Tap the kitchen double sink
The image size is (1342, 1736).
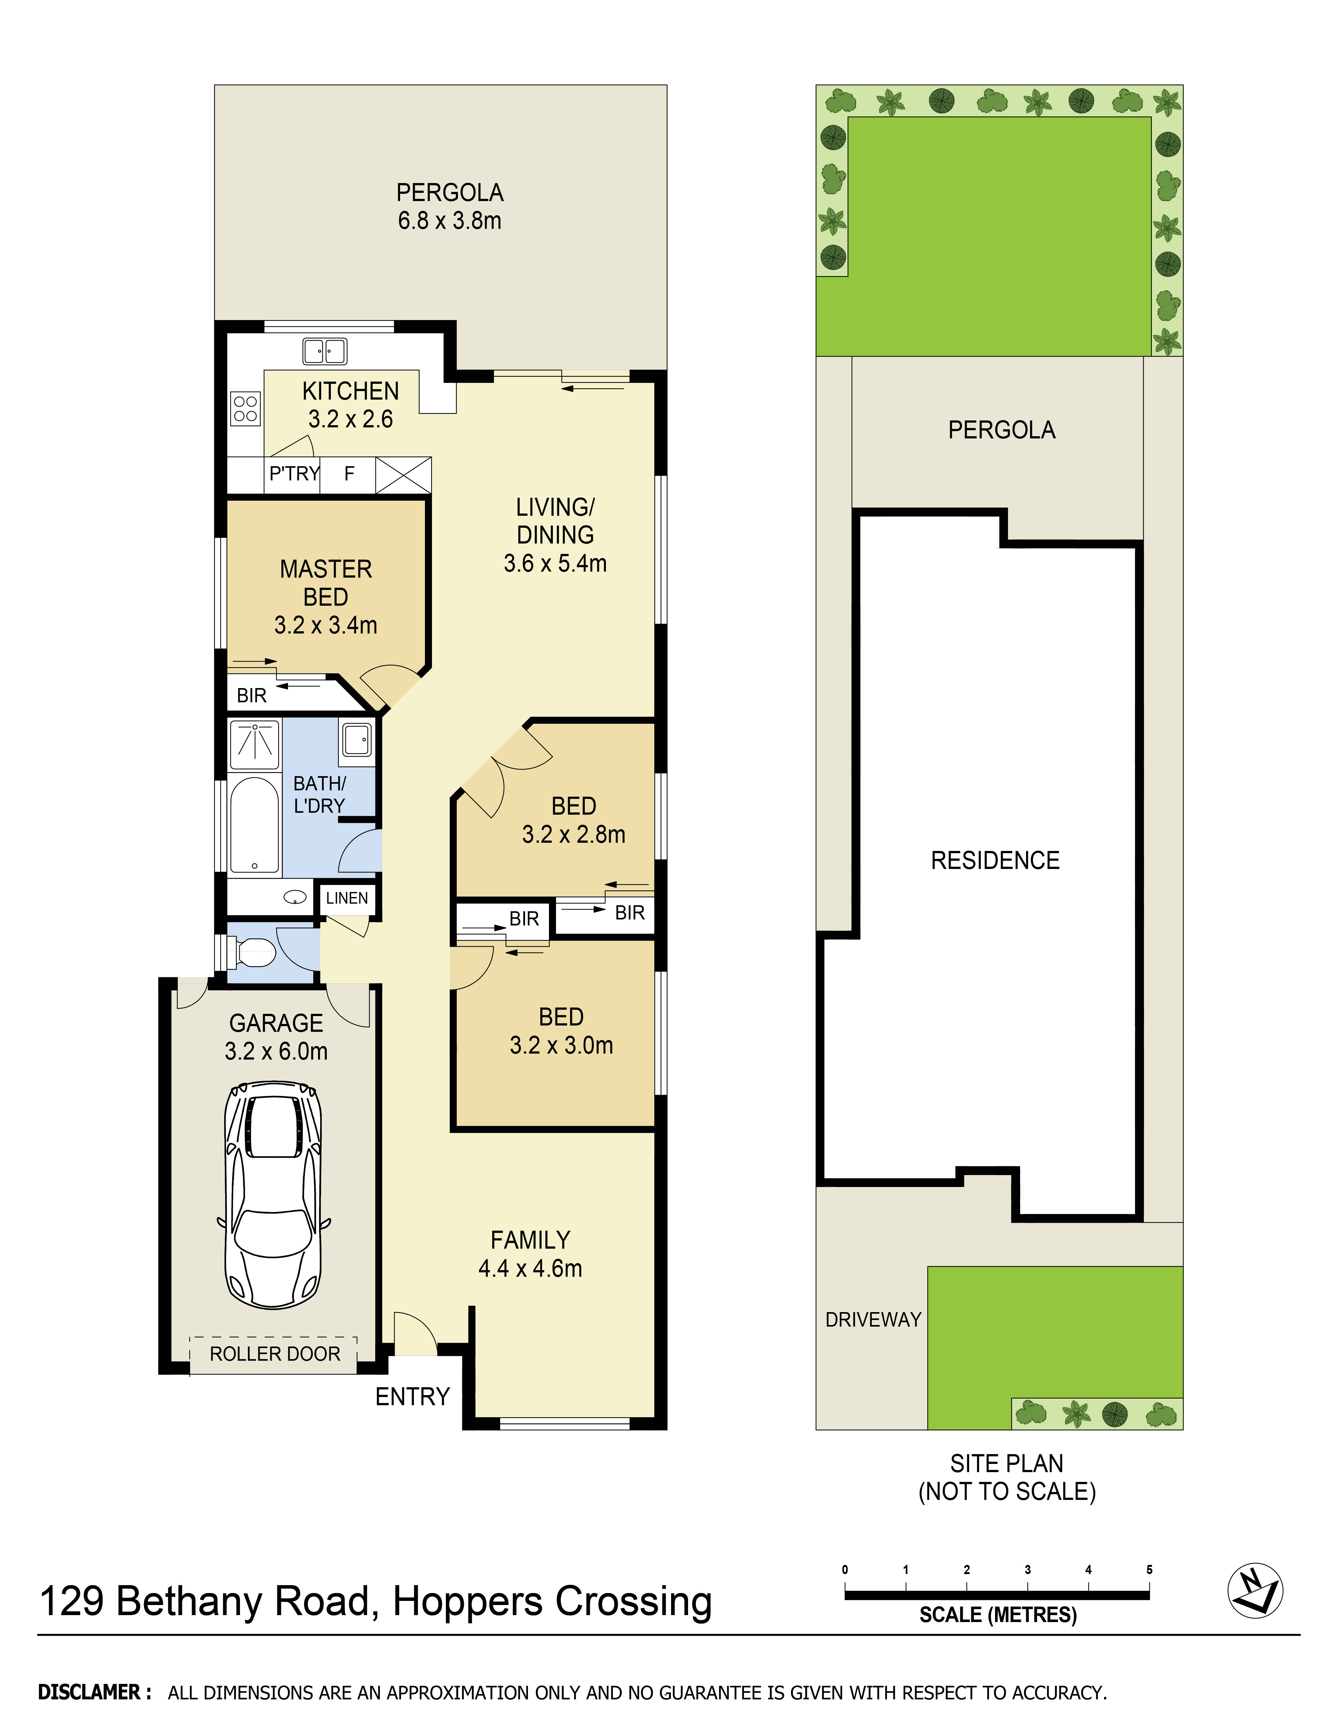324,351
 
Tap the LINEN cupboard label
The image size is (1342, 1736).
347,898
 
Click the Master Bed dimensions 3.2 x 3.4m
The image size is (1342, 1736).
325,626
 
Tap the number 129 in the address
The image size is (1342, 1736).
72,1602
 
